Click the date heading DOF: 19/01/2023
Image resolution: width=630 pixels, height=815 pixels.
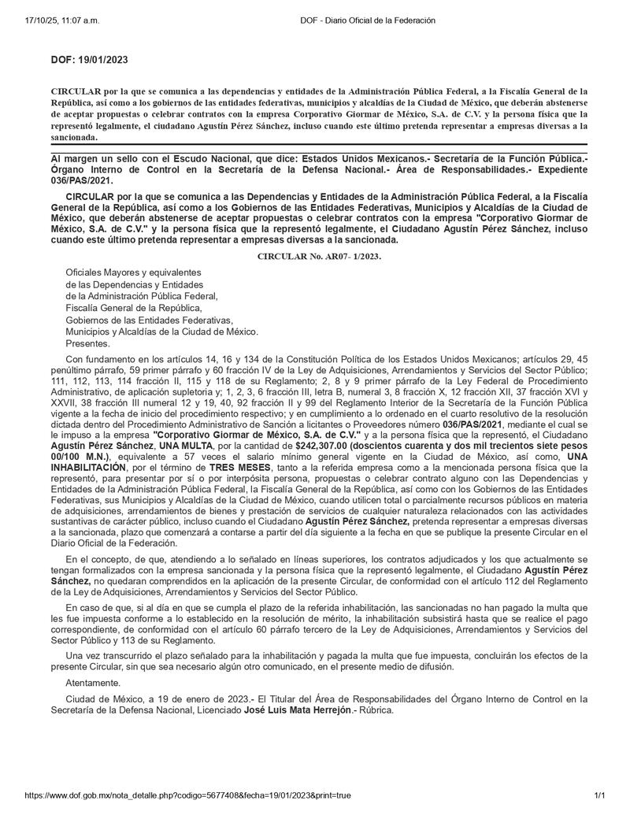pos(89,60)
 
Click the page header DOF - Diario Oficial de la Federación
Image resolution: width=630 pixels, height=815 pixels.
pos(368,20)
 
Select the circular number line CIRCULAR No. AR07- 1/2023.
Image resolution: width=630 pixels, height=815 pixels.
pos(320,256)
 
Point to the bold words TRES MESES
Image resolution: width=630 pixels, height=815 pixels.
pos(238,467)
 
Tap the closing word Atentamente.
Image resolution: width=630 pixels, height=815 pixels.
pos(94,682)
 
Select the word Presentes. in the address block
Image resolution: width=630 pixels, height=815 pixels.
pos(88,343)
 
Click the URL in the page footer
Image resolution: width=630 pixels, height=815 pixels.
pos(188,796)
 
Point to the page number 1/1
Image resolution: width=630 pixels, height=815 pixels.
pos(599,796)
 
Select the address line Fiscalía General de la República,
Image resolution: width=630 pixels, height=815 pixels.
pos(134,308)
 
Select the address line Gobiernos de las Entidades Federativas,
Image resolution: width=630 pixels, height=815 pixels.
pos(150,320)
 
